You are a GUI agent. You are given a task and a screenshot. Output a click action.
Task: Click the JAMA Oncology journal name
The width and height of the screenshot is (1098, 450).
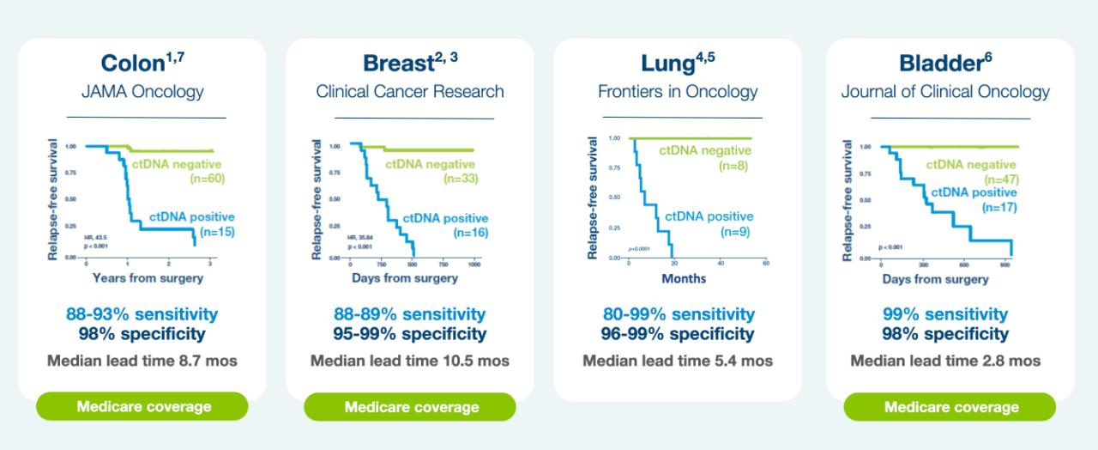(x=142, y=91)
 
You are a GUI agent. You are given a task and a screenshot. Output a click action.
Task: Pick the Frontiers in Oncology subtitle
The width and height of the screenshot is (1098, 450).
(x=678, y=91)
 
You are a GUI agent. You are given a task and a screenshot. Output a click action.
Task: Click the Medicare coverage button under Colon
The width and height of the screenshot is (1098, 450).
(x=142, y=406)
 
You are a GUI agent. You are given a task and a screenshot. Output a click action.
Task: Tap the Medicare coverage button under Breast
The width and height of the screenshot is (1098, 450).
(x=410, y=406)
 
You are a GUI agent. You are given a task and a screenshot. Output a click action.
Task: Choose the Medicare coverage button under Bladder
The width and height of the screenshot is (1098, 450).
(x=950, y=407)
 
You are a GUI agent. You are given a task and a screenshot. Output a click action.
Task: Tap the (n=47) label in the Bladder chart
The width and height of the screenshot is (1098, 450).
(x=998, y=179)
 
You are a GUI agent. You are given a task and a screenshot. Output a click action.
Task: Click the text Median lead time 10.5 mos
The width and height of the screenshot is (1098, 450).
(x=410, y=361)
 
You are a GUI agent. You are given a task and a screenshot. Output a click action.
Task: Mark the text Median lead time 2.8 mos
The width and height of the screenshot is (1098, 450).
(x=945, y=361)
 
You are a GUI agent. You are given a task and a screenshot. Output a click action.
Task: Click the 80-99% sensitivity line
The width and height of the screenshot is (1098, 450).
(x=678, y=314)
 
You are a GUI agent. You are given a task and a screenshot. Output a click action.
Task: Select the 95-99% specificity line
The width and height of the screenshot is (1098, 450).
(x=410, y=334)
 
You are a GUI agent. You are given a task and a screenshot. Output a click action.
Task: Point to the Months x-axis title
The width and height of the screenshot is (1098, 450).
(x=684, y=278)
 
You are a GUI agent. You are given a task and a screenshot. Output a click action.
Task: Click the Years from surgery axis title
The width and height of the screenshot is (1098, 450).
(x=148, y=277)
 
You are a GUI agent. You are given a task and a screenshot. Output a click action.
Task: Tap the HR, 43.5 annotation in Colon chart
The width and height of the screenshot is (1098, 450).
(x=94, y=236)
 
